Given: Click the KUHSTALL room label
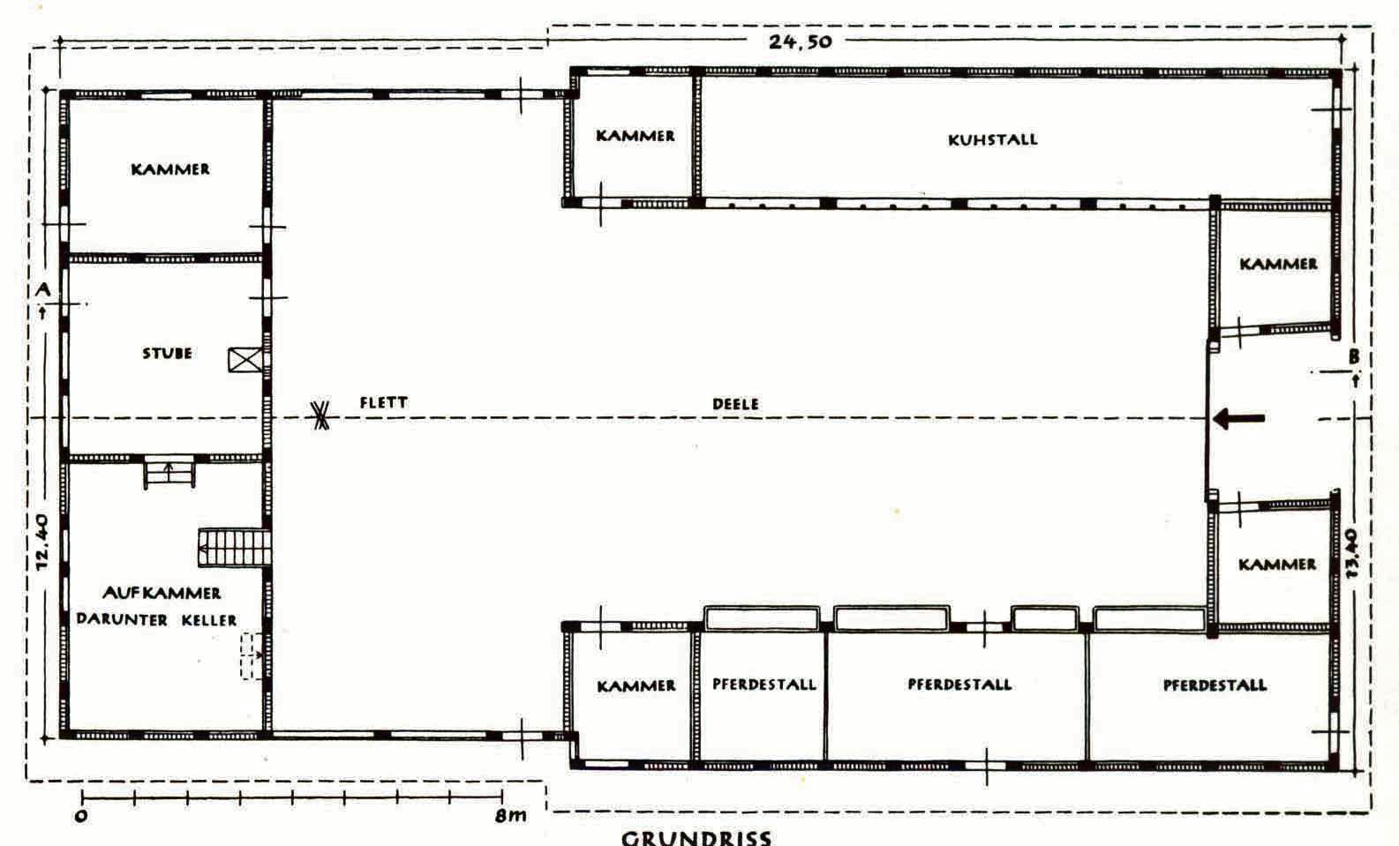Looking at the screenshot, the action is [x=992, y=139].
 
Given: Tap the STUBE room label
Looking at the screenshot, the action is [x=167, y=354].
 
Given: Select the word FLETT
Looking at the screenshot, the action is [x=383, y=402].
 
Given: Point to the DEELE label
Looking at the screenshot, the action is [x=736, y=404].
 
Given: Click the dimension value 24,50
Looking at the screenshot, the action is [x=800, y=41].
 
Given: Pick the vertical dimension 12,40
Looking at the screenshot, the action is [x=41, y=542].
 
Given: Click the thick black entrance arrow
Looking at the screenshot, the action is [x=1238, y=418].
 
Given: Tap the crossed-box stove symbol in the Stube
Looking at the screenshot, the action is [x=245, y=360].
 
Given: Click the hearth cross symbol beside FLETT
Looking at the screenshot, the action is [x=320, y=416].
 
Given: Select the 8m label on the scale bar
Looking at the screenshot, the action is [x=511, y=815].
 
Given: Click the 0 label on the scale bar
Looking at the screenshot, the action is [x=80, y=816].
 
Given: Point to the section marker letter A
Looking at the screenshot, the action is [x=42, y=289].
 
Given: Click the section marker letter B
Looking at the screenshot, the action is [x=1353, y=356].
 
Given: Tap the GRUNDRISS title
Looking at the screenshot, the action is [x=696, y=837].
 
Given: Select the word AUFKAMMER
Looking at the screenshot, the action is [x=162, y=593].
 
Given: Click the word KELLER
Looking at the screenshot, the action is [x=208, y=620].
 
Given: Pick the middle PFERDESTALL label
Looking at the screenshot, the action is [x=959, y=685].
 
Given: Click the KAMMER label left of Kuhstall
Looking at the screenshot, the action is [x=636, y=136].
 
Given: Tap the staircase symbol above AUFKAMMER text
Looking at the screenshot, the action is [x=234, y=548].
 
